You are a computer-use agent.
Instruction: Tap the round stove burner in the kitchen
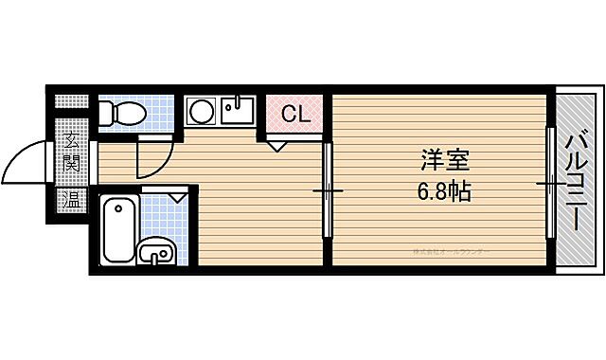pos(201,113)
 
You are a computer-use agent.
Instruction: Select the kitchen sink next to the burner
pos(236,112)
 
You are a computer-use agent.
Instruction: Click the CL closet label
pos(294,116)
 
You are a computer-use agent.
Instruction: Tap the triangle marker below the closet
pos(276,145)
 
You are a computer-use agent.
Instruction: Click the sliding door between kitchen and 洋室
pos(328,190)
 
